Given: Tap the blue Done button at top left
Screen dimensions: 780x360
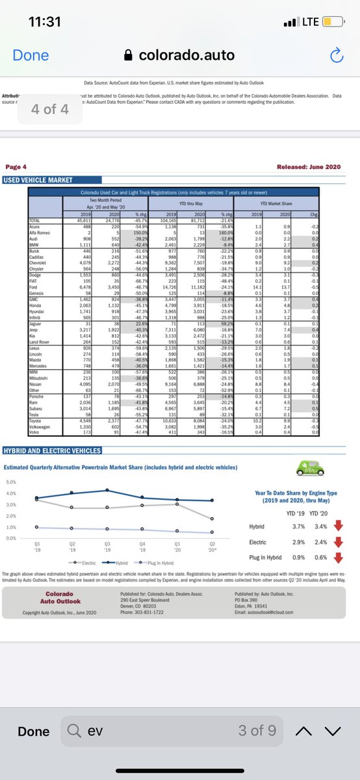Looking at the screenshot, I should (31, 55).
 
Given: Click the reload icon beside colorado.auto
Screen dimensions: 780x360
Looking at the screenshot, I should (336, 56).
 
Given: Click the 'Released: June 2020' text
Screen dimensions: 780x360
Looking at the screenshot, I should (308, 167).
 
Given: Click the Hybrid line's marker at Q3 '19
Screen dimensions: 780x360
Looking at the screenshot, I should (107, 490).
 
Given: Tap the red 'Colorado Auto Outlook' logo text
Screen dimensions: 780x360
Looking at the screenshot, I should (63, 598).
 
